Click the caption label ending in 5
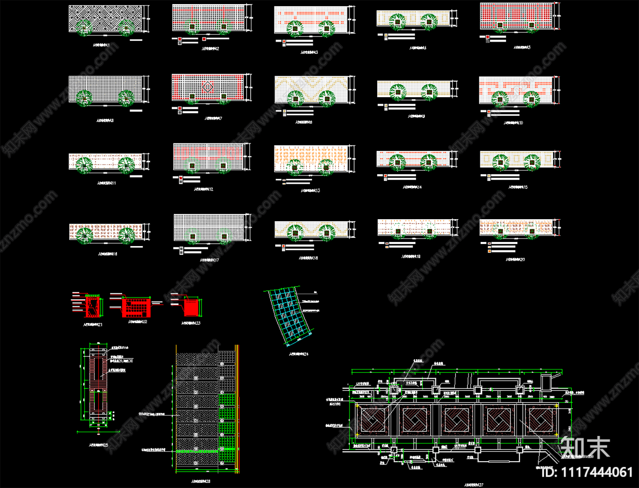pos(522,48)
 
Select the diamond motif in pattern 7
pos(208,87)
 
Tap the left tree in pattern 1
pos(84,27)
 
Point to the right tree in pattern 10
pos(531,98)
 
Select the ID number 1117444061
pos(587,472)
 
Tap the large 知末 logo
pos(585,447)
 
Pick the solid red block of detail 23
pos(191,307)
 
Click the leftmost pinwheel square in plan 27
pos(373,420)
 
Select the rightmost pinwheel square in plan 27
pos(541,420)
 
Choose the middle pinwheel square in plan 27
pos(457,420)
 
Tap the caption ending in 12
pos(204,189)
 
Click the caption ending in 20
pos(515,259)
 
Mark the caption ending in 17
pos(209,260)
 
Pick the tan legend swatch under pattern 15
pos(489,176)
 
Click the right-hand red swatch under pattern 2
pos(204,39)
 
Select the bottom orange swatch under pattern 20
pos(489,251)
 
